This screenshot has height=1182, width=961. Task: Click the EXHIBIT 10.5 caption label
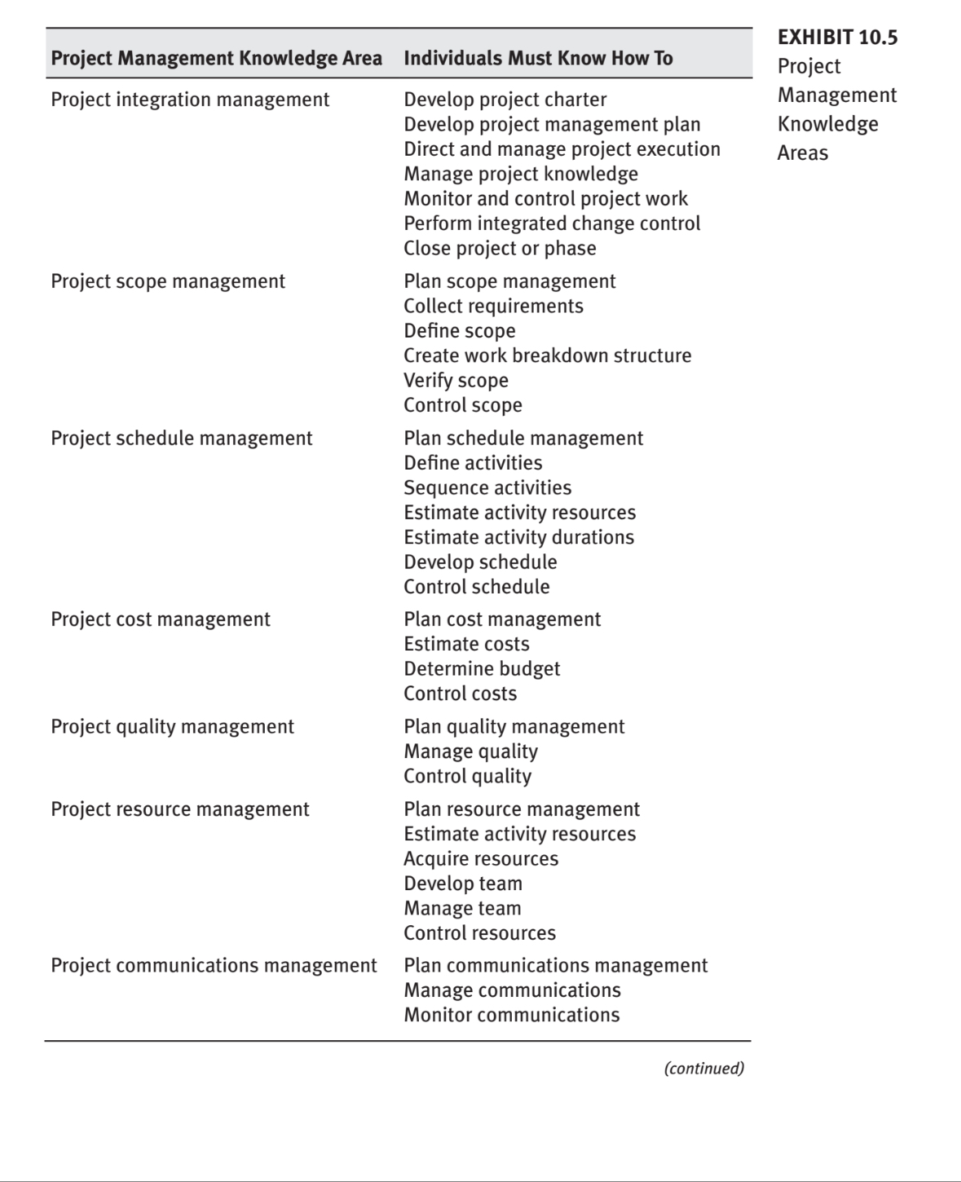[837, 37]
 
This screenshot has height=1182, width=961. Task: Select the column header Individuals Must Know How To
[538, 59]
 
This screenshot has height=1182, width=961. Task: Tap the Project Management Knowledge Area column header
[216, 59]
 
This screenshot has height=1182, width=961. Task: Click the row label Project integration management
[190, 99]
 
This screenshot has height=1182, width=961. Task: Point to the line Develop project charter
[505, 99]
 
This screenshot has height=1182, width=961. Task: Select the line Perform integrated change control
[552, 223]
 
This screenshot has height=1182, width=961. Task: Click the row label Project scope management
[168, 281]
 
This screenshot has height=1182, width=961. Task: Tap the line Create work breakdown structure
[547, 355]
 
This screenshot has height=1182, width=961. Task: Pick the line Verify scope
[456, 381]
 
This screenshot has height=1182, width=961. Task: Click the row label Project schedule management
[181, 439]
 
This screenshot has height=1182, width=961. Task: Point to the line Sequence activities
[487, 487]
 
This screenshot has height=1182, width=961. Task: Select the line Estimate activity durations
[518, 537]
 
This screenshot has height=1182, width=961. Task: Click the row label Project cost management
[161, 620]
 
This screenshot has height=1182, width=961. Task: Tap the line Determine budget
[482, 669]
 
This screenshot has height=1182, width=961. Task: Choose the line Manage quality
[470, 752]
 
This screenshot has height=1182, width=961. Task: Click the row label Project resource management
[180, 809]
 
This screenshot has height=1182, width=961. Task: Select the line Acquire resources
[481, 859]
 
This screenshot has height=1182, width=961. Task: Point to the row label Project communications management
[214, 966]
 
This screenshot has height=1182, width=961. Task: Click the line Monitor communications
[511, 1015]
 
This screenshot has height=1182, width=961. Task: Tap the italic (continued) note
[703, 1068]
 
